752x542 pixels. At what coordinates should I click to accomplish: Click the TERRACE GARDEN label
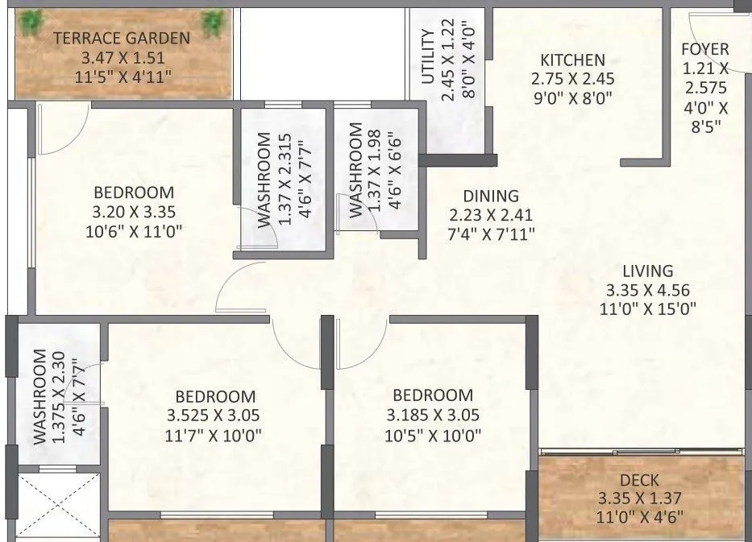122,38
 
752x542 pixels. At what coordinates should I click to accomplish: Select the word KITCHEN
572,60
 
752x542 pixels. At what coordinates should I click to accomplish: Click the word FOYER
704,49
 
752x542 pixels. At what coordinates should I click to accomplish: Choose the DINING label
490,197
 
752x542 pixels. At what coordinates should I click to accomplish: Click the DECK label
641,481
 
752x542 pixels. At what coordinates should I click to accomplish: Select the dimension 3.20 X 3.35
134,213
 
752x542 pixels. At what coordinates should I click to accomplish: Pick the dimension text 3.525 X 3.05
215,416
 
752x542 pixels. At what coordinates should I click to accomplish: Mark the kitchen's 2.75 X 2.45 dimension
572,80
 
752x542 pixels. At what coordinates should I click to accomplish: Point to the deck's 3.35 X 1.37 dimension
641,499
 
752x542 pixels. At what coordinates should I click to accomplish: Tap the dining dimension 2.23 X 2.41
490,215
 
